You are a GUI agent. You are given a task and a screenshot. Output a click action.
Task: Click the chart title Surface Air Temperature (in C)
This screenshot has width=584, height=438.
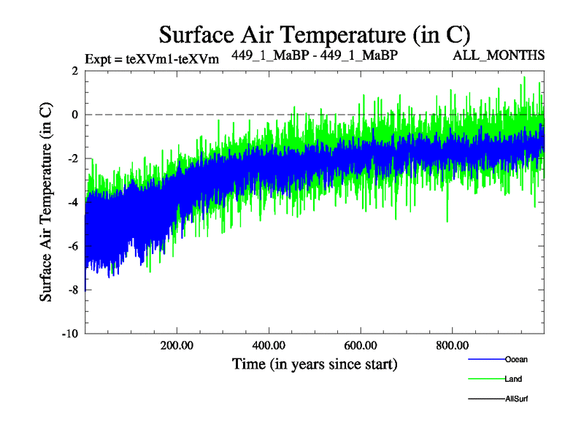(314, 34)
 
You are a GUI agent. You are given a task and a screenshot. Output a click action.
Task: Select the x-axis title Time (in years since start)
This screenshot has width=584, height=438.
(315, 363)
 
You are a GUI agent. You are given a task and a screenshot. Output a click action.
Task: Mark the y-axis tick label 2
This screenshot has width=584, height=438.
(74, 71)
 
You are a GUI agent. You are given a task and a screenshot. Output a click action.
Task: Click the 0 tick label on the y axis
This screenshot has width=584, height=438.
(74, 115)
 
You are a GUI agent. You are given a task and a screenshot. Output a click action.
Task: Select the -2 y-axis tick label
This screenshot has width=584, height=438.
(72, 158)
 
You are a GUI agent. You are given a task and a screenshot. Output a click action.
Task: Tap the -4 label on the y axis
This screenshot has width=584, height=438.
(72, 202)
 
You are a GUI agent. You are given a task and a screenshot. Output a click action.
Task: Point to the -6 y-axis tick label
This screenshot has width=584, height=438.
(72, 246)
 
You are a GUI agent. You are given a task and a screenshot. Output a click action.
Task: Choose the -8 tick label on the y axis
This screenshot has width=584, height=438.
(72, 290)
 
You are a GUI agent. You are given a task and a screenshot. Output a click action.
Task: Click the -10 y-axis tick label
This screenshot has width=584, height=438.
(69, 334)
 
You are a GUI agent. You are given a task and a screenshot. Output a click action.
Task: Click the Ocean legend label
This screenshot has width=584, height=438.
(516, 359)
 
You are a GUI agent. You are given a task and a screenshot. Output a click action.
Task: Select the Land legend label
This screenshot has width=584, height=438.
(513, 379)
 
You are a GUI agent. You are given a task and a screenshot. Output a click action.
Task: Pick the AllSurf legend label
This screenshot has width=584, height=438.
(516, 399)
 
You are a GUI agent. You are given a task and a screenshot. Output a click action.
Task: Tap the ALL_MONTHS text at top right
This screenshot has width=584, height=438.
(509, 55)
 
